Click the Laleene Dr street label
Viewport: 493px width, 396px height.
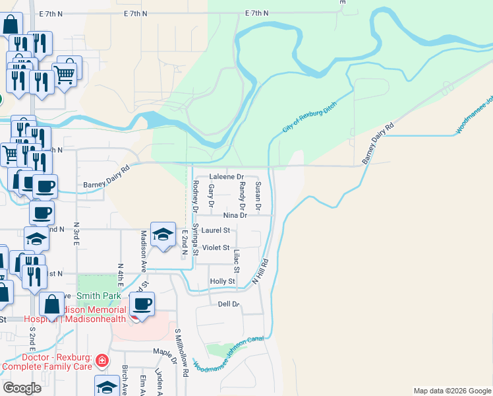226,178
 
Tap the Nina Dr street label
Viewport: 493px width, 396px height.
234,215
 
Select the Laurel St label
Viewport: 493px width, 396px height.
216,230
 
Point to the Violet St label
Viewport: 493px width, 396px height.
216,247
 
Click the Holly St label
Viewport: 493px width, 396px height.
222,281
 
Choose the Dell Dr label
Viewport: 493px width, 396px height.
228,304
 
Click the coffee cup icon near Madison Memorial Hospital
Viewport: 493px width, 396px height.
142,305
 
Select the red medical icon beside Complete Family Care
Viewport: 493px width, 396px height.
102,360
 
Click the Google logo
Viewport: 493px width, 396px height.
22,387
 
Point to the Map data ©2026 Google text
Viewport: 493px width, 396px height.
451,391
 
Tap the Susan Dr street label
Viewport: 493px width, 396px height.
258,196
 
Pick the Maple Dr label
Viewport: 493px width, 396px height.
165,352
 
